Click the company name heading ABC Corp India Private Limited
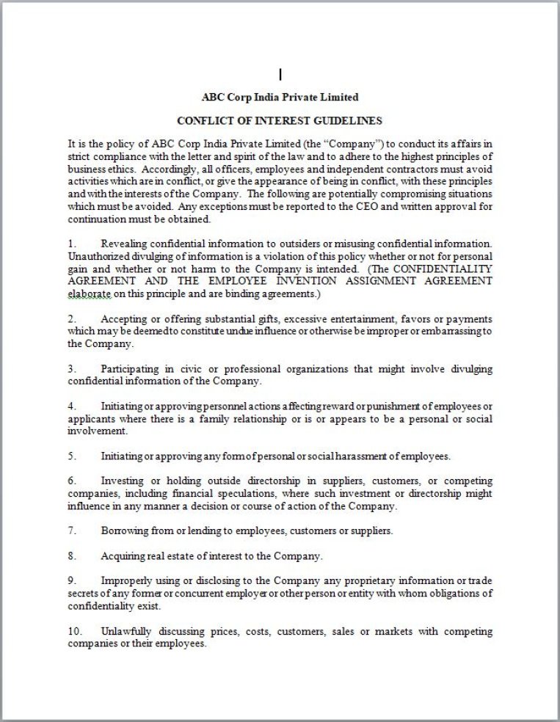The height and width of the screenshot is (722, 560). pos(280,97)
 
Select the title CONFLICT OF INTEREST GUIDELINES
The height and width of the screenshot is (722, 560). pos(280,120)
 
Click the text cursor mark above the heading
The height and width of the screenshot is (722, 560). pos(280,74)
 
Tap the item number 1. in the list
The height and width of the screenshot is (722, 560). pos(72,243)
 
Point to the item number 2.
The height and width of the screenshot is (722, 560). pos(72,318)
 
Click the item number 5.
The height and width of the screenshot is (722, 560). pos(72,456)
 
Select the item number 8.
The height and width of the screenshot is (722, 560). pos(72,556)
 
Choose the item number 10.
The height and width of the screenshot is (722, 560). pos(75,631)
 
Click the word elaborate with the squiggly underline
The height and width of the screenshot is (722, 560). pos(90,293)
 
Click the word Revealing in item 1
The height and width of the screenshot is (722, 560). pos(123,243)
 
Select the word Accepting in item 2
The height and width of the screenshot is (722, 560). pos(124,318)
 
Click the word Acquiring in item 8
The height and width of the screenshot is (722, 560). pos(123,556)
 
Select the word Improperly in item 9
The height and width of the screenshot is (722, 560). pos(126,581)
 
